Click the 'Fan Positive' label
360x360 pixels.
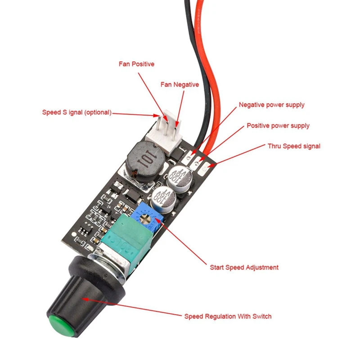pyautogui.click(x=136, y=64)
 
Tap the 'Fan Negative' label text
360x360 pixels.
pyautogui.click(x=180, y=85)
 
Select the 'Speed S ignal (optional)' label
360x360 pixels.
pyautogui.click(x=76, y=112)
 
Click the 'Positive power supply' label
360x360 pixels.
pyautogui.click(x=278, y=126)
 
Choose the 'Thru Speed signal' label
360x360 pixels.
pyautogui.click(x=294, y=146)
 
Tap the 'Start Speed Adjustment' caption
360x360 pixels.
pyautogui.click(x=244, y=267)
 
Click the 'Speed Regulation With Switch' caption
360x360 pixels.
pyautogui.click(x=228, y=316)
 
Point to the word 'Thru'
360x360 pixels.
pyautogui.click(x=275, y=146)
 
